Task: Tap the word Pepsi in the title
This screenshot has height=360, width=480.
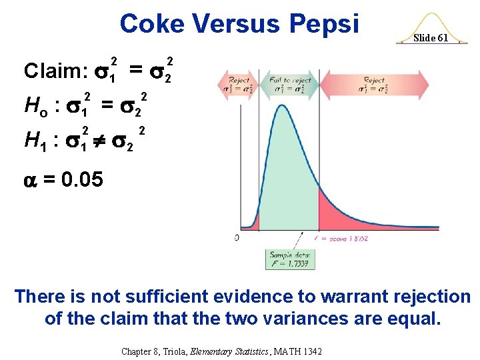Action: pos(325,24)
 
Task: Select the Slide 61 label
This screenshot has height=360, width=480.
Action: pos(431,38)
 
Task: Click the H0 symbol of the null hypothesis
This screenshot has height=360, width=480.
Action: pos(33,105)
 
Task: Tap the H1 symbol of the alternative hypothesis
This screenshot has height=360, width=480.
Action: pos(33,139)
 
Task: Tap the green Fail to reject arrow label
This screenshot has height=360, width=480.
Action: pos(291,84)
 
